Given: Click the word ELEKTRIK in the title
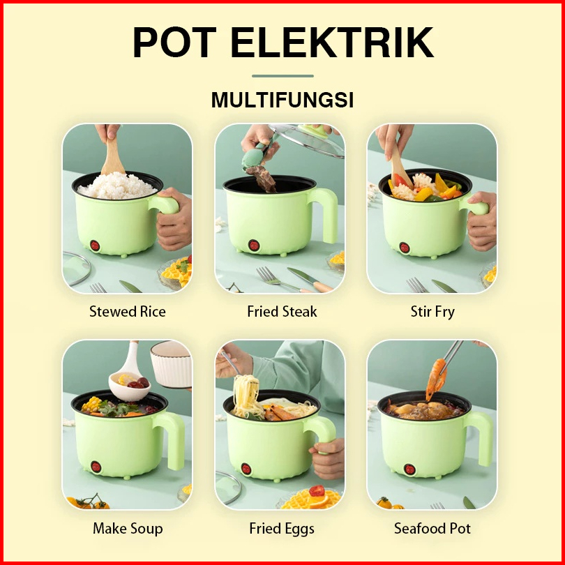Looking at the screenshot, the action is (332, 42).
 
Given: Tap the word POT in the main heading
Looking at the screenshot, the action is (175, 42).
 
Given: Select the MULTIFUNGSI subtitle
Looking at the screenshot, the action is (282, 100).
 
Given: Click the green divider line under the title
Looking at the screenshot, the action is (282, 76).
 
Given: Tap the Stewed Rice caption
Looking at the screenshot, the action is (128, 312).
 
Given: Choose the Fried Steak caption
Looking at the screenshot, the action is (282, 312).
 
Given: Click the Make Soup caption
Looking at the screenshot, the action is (128, 529).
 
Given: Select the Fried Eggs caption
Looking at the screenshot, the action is (282, 529).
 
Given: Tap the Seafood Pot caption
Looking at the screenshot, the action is (432, 529).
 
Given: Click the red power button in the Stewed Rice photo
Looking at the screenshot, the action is (95, 246).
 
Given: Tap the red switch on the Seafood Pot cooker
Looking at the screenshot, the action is (409, 469).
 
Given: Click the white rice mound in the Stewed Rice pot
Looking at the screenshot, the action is (117, 186).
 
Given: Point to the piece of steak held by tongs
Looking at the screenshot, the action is (263, 179).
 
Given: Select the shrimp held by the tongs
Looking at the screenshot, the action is (436, 379).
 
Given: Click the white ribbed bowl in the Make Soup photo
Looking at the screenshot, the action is (171, 364).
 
